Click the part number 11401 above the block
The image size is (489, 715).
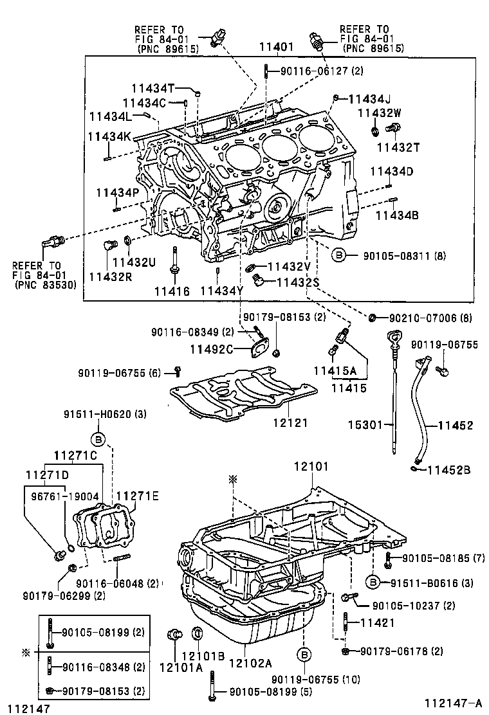coord(276,47)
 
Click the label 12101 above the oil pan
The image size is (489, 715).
coord(312,466)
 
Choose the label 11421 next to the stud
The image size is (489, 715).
coord(375,622)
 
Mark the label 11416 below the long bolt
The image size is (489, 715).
coord(172,291)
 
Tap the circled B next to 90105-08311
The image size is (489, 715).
coord(338,256)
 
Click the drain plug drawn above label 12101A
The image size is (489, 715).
coord(172,634)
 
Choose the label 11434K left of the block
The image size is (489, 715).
coord(110,136)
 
